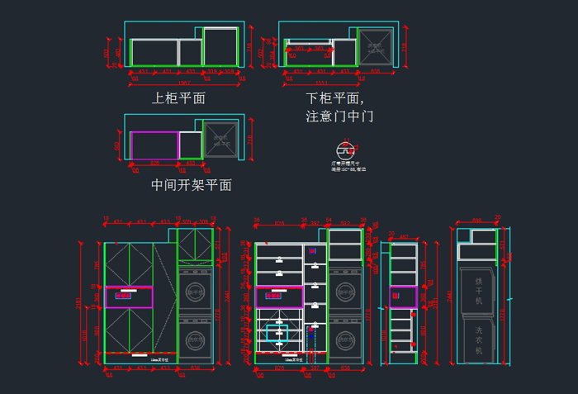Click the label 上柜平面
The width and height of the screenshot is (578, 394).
point(178,98)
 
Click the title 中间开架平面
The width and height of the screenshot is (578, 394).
point(191,185)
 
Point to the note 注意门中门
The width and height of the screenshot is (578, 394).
point(339,116)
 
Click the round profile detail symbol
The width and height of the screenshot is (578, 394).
point(344,151)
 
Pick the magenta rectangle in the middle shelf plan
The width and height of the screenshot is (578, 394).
point(154,145)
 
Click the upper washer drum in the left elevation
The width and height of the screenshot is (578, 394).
point(195,291)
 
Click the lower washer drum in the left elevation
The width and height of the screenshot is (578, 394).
point(195,338)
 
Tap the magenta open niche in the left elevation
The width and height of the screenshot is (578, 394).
point(128,296)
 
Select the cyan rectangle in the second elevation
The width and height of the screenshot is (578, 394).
point(277,333)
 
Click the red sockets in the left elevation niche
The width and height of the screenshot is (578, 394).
point(126,293)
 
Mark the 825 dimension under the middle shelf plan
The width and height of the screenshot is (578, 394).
point(154,164)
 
